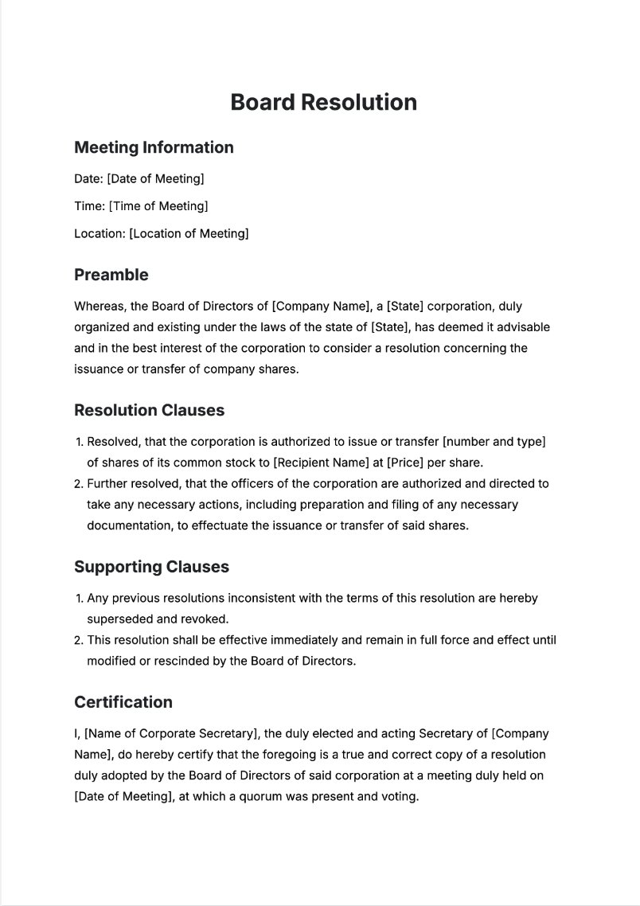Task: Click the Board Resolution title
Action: pyautogui.click(x=323, y=103)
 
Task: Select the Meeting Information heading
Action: pyautogui.click(x=154, y=147)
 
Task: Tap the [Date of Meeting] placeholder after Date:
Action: pyautogui.click(x=155, y=178)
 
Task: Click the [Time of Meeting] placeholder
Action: pyautogui.click(x=158, y=206)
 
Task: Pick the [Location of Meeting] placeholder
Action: pyautogui.click(x=189, y=234)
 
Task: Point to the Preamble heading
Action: pyautogui.click(x=111, y=275)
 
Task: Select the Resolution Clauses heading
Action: pyautogui.click(x=149, y=410)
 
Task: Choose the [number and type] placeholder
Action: pyautogui.click(x=494, y=442)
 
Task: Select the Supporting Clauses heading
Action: pyautogui.click(x=151, y=567)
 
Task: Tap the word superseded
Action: pyautogui.click(x=119, y=619)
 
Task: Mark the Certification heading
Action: pyautogui.click(x=123, y=702)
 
